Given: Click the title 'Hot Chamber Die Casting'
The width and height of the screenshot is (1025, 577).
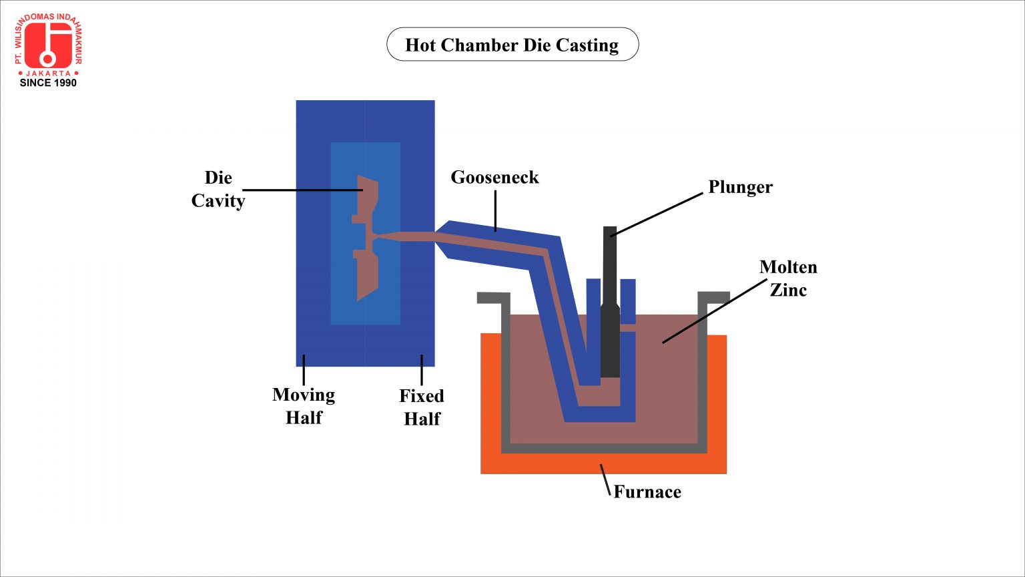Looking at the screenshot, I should (x=512, y=45).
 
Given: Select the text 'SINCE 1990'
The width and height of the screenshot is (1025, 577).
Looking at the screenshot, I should (x=48, y=83).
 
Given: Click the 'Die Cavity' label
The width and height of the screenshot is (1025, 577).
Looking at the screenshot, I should (x=218, y=189).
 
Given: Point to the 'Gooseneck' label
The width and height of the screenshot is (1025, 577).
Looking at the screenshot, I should (x=494, y=177).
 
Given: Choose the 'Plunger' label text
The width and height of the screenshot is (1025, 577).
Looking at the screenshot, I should (x=740, y=187).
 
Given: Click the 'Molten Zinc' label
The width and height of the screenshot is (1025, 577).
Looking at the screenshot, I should (x=788, y=278).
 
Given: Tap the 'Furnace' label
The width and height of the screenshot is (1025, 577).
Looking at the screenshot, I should (x=647, y=492).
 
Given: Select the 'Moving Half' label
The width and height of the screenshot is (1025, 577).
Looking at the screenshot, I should (x=304, y=406).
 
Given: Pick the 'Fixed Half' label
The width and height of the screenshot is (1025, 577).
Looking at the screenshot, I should (x=422, y=407).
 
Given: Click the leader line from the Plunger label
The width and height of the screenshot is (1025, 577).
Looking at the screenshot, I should (x=657, y=214).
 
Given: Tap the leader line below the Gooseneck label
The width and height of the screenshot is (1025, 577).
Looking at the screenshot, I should (x=495, y=210).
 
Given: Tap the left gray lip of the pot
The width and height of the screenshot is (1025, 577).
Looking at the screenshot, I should (x=494, y=297).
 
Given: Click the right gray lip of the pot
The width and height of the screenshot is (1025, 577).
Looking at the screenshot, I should (x=713, y=297).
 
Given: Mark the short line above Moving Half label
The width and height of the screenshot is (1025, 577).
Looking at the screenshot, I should (x=304, y=370).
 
